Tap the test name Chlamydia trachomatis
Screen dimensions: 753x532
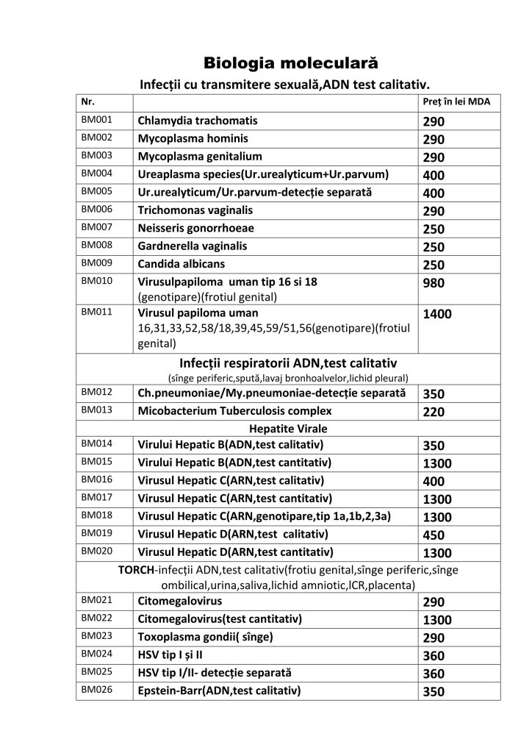tap(198, 120)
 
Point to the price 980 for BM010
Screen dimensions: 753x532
tap(434, 283)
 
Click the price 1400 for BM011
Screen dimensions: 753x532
tap(437, 314)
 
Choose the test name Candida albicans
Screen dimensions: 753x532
tap(181, 263)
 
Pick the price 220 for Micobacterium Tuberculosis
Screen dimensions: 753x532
tap(434, 412)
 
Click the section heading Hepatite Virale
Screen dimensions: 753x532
tap(288, 428)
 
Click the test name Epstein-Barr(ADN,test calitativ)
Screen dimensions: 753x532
tap(219, 690)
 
